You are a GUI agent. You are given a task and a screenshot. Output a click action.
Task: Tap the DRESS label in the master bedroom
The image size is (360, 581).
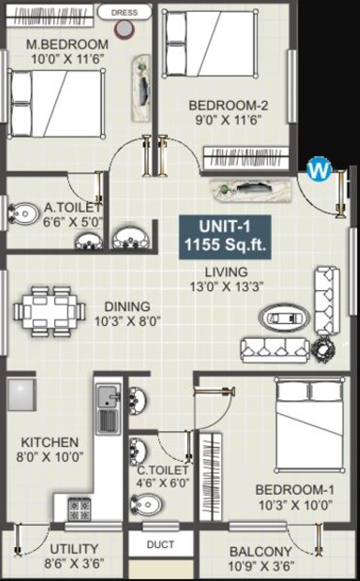[125, 13]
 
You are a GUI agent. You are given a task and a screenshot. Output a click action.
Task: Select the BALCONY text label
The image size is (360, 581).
[261, 551]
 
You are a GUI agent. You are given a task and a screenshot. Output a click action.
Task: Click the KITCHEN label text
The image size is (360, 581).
[50, 441]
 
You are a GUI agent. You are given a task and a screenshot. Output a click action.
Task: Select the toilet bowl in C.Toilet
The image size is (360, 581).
[146, 504]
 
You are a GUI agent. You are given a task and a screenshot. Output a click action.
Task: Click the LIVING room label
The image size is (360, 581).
[226, 272]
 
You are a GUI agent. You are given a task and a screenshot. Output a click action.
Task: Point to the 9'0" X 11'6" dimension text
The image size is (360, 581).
[229, 120]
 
